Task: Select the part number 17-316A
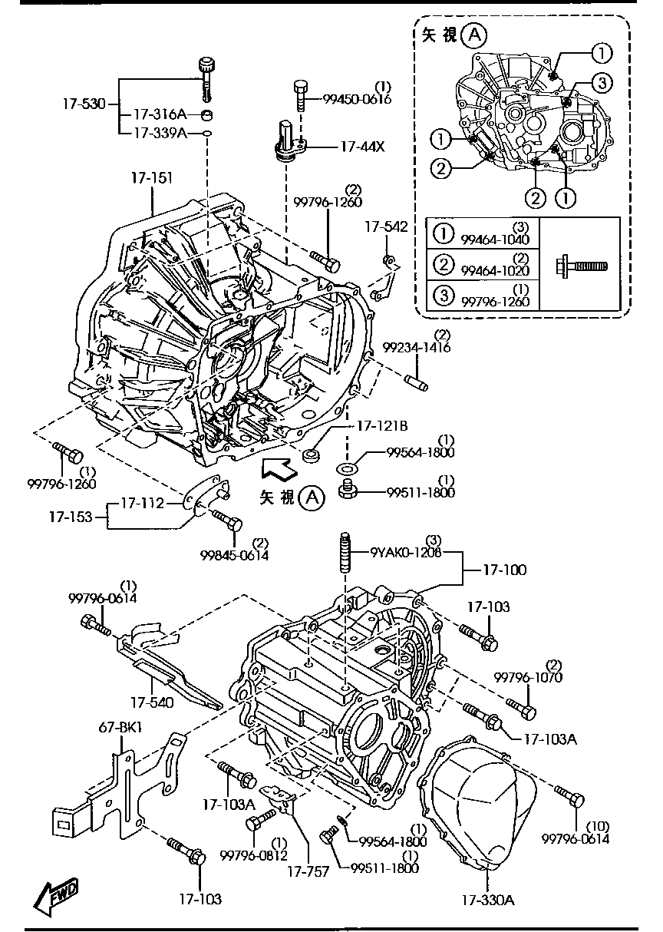160,115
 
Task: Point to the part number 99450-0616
356,99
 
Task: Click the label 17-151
151,178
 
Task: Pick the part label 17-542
386,227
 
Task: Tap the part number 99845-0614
235,555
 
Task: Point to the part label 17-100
504,570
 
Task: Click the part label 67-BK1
116,727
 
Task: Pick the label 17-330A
487,900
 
